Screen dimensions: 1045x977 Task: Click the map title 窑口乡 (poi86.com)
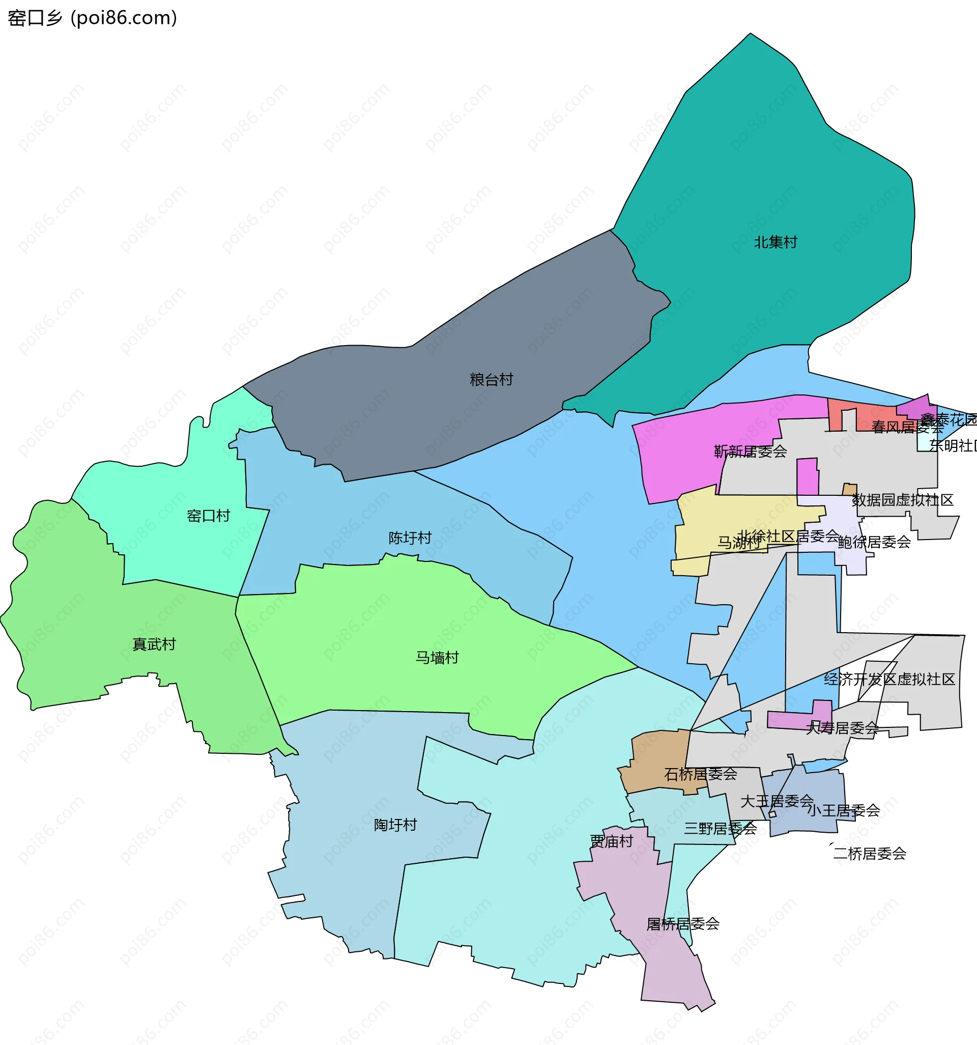click(x=93, y=18)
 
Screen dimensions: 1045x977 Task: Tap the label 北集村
click(x=775, y=242)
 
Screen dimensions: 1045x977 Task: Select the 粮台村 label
click(x=491, y=380)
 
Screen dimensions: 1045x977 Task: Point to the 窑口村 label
click(x=208, y=516)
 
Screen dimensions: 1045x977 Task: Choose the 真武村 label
click(x=154, y=644)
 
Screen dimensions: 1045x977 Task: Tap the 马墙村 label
click(x=437, y=658)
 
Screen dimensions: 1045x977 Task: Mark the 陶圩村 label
click(x=395, y=825)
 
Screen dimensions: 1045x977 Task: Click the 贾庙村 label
click(x=611, y=841)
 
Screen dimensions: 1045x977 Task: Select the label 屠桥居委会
click(x=683, y=938)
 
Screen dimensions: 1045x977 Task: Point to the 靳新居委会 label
click(x=750, y=451)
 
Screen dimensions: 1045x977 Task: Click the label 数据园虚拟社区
click(x=902, y=500)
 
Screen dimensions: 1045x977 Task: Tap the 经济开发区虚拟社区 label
click(x=889, y=679)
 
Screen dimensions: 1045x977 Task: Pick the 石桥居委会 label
click(x=701, y=774)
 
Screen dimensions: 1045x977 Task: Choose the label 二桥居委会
click(x=870, y=854)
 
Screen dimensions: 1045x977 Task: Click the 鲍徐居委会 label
click(x=874, y=542)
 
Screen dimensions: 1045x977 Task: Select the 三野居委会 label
click(x=720, y=829)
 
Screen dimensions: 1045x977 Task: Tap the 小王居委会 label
click(x=844, y=810)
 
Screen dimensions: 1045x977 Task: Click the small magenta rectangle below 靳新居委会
click(x=807, y=476)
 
